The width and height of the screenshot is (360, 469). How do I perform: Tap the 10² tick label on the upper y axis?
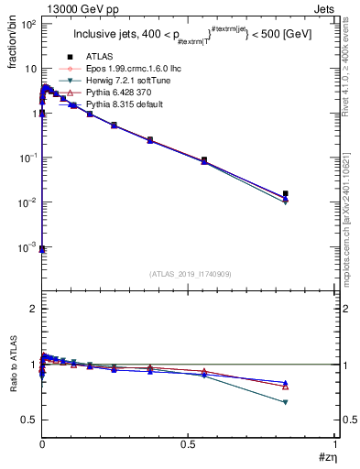coord(27,25)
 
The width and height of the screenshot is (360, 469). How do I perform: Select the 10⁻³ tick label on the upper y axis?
coord(27,247)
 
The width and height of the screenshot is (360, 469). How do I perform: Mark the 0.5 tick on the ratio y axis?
coord(29,420)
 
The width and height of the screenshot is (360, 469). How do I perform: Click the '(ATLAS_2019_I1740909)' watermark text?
coord(189,275)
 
